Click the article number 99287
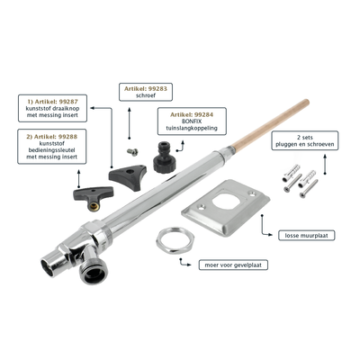point(68,101)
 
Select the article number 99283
point(157,89)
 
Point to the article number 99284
point(204,114)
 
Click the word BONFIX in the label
point(192,121)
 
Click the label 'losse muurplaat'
point(307,236)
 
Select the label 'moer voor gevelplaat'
point(233,265)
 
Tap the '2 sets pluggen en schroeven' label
point(305,140)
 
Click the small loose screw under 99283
point(132,152)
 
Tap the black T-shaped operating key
point(94,197)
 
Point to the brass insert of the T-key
point(94,206)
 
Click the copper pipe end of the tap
point(271,126)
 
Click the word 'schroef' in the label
point(146,95)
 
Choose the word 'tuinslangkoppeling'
point(192,129)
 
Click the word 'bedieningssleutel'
point(52,150)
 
